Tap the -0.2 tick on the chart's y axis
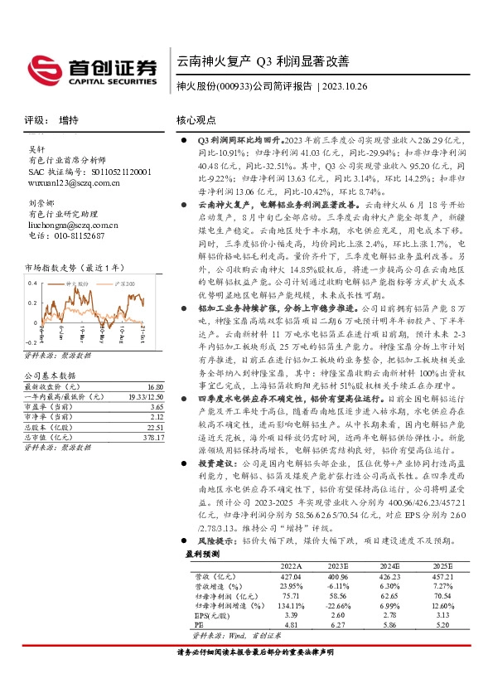point(30,342)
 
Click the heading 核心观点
point(196,120)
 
